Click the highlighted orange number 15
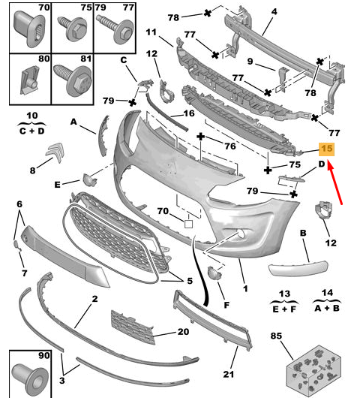point(327,149)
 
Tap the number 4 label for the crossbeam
point(274,12)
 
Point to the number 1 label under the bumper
point(244,287)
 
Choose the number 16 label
point(188,113)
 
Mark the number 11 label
point(151,32)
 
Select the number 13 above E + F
point(284,293)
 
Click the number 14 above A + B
point(325,293)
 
